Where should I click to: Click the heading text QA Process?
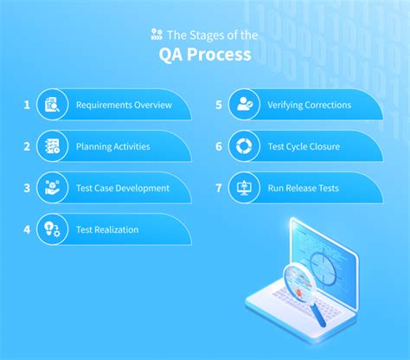(x=205, y=55)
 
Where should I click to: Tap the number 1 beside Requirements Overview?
(x=27, y=106)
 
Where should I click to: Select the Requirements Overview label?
(x=124, y=106)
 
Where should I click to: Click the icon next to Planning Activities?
(x=53, y=146)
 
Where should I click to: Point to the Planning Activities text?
(x=113, y=146)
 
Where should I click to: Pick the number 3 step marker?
(x=27, y=188)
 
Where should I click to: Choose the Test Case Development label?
(x=123, y=188)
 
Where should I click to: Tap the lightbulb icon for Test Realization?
(x=53, y=229)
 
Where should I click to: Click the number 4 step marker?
(x=27, y=229)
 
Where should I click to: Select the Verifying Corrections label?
(x=310, y=106)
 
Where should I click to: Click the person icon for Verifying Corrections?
(x=246, y=106)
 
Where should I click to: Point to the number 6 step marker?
(x=220, y=146)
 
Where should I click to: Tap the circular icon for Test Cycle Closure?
(x=246, y=146)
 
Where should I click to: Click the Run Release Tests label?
(x=304, y=188)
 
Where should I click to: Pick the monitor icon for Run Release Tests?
(x=246, y=188)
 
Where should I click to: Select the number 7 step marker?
(x=220, y=188)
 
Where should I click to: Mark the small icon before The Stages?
(x=156, y=35)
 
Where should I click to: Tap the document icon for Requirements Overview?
(x=53, y=106)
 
